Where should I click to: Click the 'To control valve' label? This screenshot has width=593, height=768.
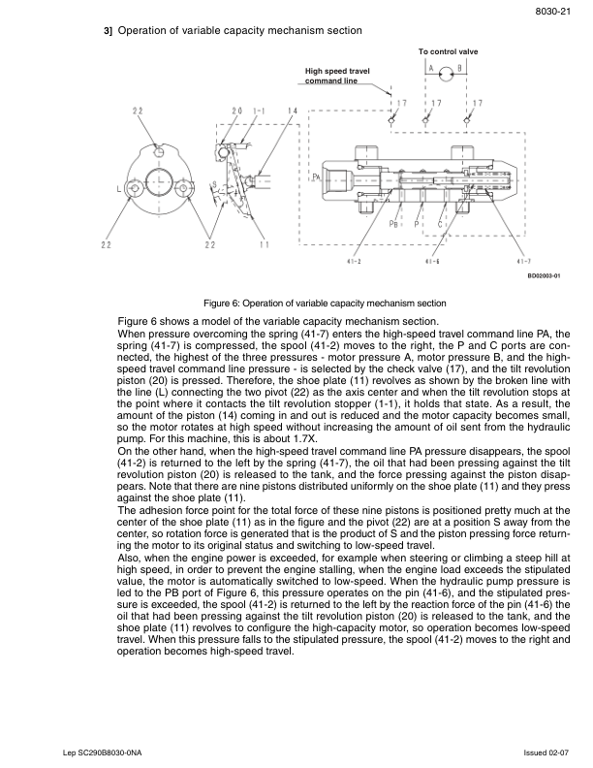click(448, 50)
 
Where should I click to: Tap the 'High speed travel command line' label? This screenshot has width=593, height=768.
click(337, 76)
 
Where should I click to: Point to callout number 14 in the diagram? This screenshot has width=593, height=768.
click(293, 112)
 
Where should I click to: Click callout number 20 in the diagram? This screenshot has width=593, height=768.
click(237, 112)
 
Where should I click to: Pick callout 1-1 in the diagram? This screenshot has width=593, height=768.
click(259, 112)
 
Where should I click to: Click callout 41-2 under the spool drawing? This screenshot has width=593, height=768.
click(354, 261)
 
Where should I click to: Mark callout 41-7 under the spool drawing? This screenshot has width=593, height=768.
click(523, 261)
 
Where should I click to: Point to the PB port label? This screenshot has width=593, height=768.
click(394, 224)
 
